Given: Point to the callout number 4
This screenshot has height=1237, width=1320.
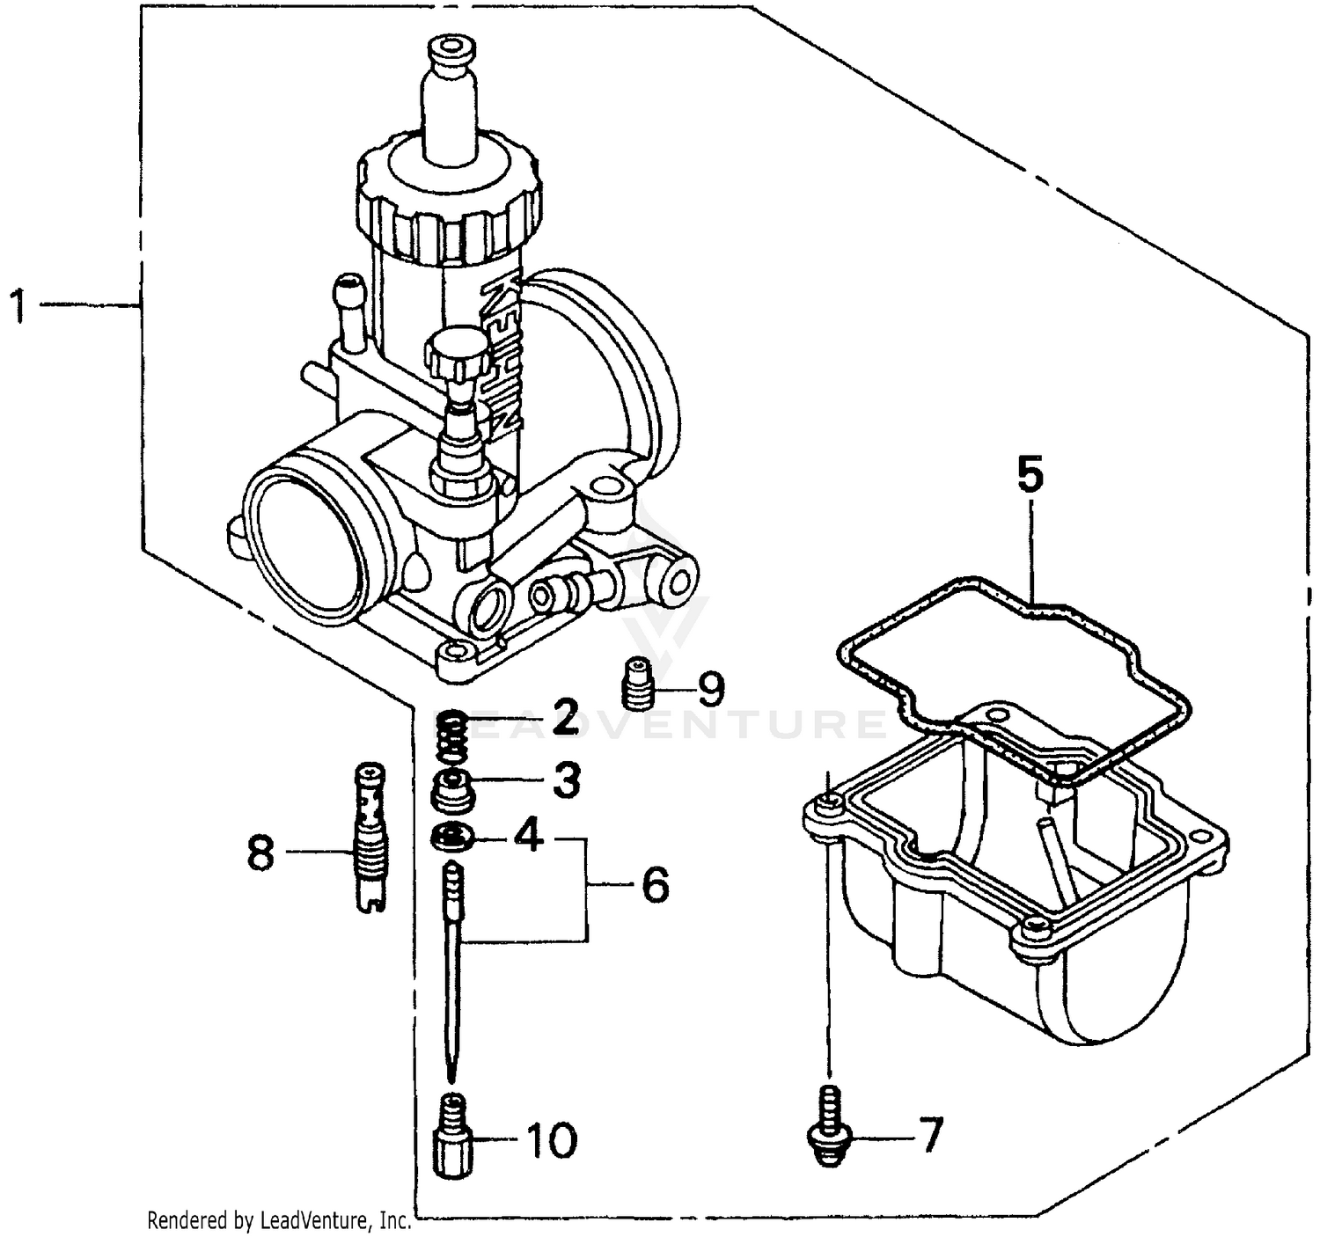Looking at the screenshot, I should point(528,835).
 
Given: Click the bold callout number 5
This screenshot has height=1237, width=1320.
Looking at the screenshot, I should point(1030,476).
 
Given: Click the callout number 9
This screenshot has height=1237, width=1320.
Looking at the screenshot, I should point(709,689).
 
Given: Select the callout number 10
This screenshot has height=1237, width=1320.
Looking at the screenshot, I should point(551,1140).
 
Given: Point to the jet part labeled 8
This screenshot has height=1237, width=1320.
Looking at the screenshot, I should point(370,836).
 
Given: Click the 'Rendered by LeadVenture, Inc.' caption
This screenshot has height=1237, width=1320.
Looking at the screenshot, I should point(279,1220).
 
